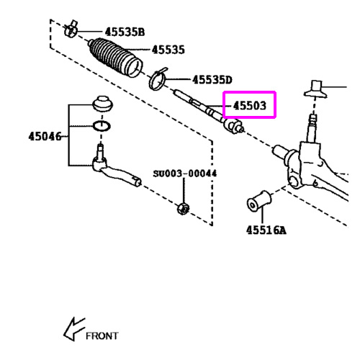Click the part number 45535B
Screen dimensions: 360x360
point(125,32)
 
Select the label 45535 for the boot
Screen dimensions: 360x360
point(168,50)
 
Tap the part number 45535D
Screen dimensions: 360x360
point(212,80)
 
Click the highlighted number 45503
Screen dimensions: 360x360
point(250,105)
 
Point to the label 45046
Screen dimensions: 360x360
point(45,136)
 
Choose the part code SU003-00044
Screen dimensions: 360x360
point(185,174)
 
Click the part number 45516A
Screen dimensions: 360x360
point(266,230)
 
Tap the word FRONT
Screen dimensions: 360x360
point(102,336)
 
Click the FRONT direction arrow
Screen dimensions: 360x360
point(74,329)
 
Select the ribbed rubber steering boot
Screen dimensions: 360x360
point(115,58)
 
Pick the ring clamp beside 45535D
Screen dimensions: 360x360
point(158,78)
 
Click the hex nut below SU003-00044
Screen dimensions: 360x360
point(183,209)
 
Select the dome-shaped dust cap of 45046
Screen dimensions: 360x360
point(103,104)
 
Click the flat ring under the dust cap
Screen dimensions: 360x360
point(102,126)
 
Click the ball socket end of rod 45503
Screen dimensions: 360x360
point(233,127)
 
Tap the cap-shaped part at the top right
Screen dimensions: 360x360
point(315,89)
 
